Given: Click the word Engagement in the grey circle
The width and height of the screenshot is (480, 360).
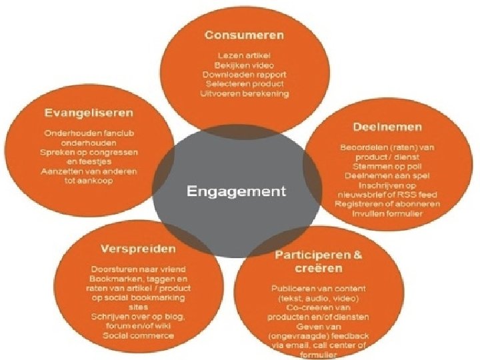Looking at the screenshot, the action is click(237, 192).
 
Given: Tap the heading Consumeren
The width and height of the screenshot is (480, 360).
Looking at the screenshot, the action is click(245, 35).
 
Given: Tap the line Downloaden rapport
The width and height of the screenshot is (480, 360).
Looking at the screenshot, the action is click(244, 74).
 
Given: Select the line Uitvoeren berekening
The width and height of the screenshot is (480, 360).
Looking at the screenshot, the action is click(244, 94).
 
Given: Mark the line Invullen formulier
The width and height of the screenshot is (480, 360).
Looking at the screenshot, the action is click(387, 213).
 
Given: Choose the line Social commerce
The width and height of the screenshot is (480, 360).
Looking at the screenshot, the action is click(129, 335).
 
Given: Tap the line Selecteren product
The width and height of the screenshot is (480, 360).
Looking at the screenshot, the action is click(244, 84).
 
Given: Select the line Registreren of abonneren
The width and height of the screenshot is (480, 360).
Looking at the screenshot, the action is click(387, 203).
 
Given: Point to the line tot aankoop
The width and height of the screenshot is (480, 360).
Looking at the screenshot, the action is click(89, 181).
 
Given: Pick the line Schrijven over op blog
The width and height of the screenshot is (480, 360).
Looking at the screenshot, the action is click(129, 316).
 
